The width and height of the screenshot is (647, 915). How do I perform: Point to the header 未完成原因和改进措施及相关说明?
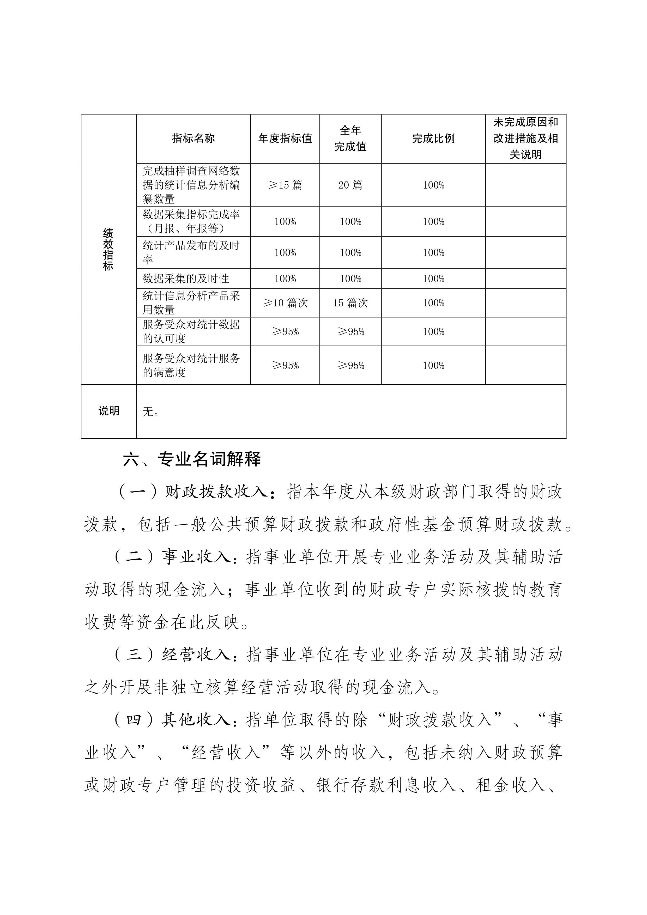click(525, 138)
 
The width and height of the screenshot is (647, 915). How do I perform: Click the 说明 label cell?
click(109, 411)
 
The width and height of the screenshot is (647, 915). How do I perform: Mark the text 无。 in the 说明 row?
click(151, 412)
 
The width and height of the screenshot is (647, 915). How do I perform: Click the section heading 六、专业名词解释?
click(192, 459)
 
